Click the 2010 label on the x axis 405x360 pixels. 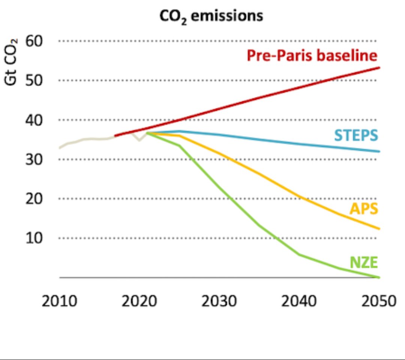[x=59, y=301]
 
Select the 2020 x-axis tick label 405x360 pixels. [x=139, y=301]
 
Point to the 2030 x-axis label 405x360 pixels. [x=219, y=301]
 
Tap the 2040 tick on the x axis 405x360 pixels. [x=299, y=301]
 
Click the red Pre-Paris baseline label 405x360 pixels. [x=312, y=56]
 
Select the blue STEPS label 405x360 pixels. [x=356, y=135]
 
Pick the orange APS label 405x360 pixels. [x=363, y=208]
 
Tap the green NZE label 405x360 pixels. [x=363, y=262]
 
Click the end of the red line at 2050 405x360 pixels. [x=379, y=67]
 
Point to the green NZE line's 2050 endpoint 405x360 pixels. [x=379, y=277]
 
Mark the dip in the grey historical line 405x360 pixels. [x=139, y=140]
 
